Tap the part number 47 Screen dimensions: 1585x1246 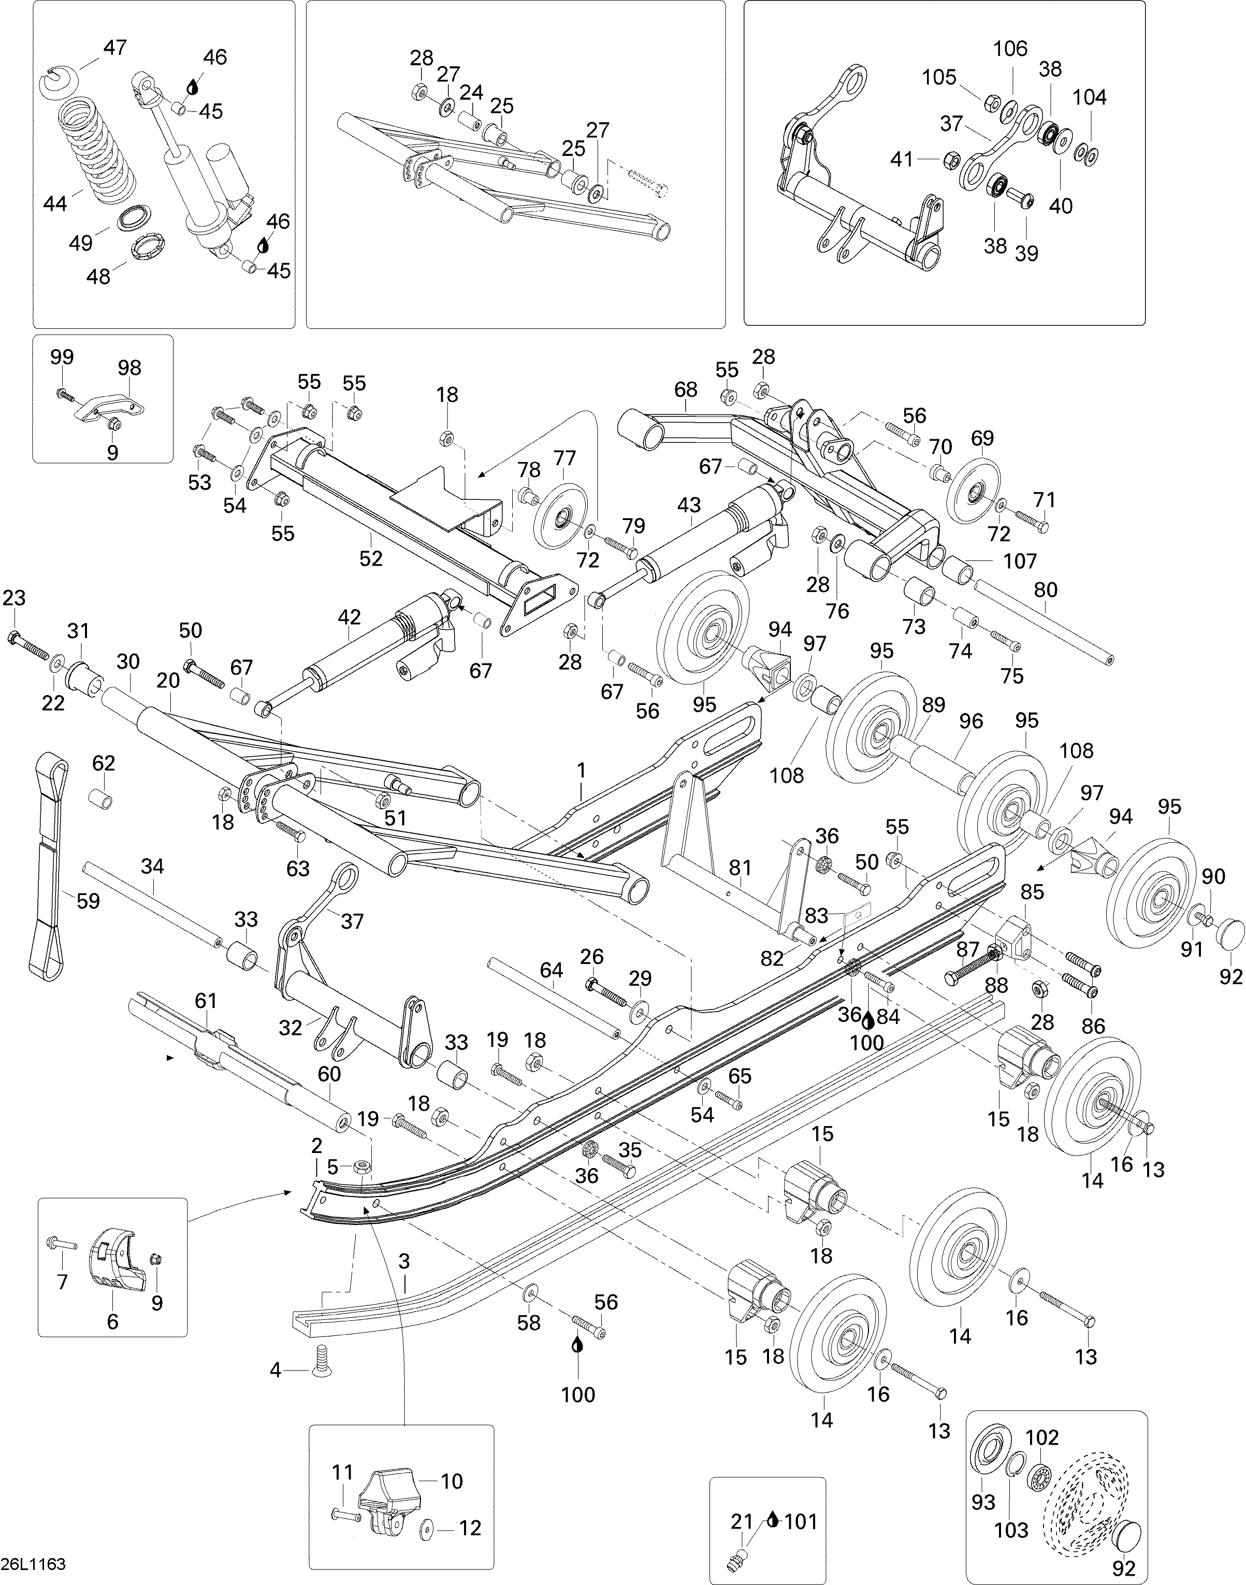pos(114,48)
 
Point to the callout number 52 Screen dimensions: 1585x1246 pos(371,558)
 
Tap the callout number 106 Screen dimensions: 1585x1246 pos(1010,49)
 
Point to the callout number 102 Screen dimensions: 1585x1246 pos(1042,1437)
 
